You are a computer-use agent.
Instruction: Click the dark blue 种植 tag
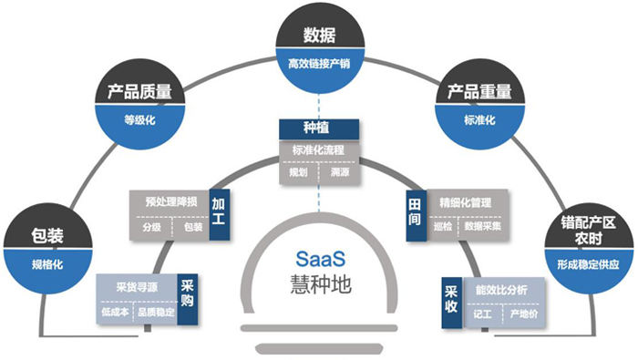pos(319,129)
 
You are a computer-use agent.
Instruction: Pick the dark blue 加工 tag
pos(220,212)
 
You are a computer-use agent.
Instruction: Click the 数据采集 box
pos(487,225)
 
